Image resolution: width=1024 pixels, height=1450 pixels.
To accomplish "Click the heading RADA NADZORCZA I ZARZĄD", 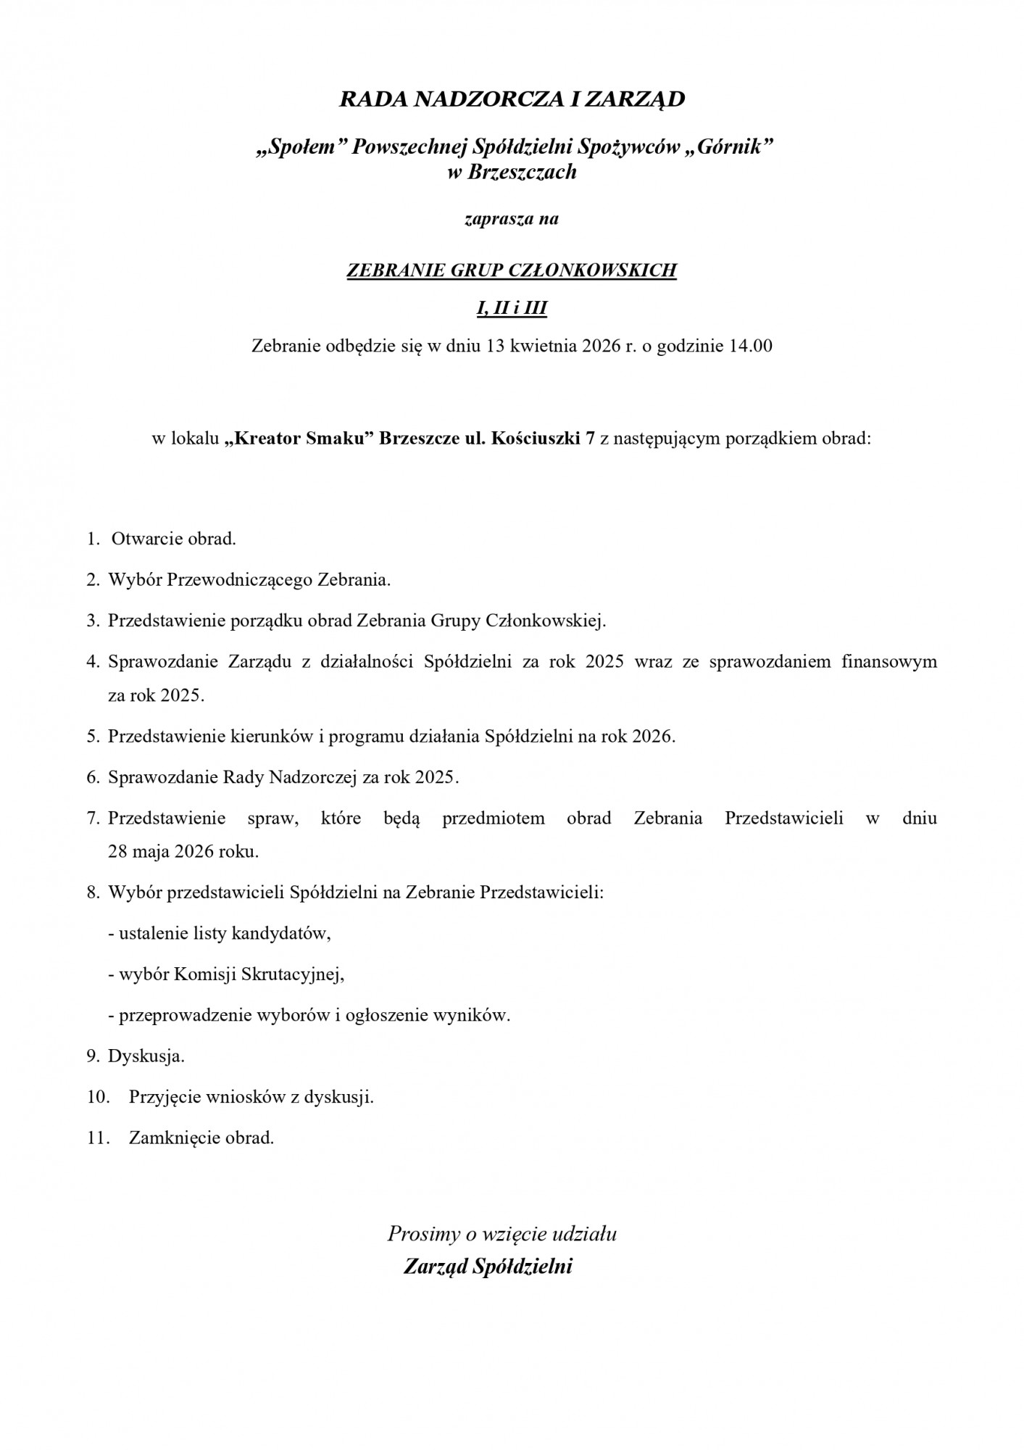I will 512,99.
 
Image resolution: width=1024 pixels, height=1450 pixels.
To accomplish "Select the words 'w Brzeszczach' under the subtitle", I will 512,172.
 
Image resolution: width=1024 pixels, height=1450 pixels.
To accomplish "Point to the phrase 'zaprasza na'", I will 512,218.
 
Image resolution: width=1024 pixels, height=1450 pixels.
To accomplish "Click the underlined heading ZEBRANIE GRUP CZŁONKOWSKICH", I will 512,270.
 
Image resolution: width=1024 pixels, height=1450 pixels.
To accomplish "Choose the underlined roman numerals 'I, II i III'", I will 512,309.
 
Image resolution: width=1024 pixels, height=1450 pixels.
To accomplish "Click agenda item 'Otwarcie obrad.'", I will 174,539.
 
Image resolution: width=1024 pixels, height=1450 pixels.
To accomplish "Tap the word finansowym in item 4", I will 889,661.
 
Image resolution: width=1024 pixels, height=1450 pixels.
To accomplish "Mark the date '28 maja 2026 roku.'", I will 183,851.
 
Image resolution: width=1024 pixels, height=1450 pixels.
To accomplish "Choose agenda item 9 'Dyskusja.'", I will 146,1056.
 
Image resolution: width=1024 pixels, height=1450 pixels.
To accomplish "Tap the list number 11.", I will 97,1138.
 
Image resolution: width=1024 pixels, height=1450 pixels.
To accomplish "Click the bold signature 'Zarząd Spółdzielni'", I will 488,1266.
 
